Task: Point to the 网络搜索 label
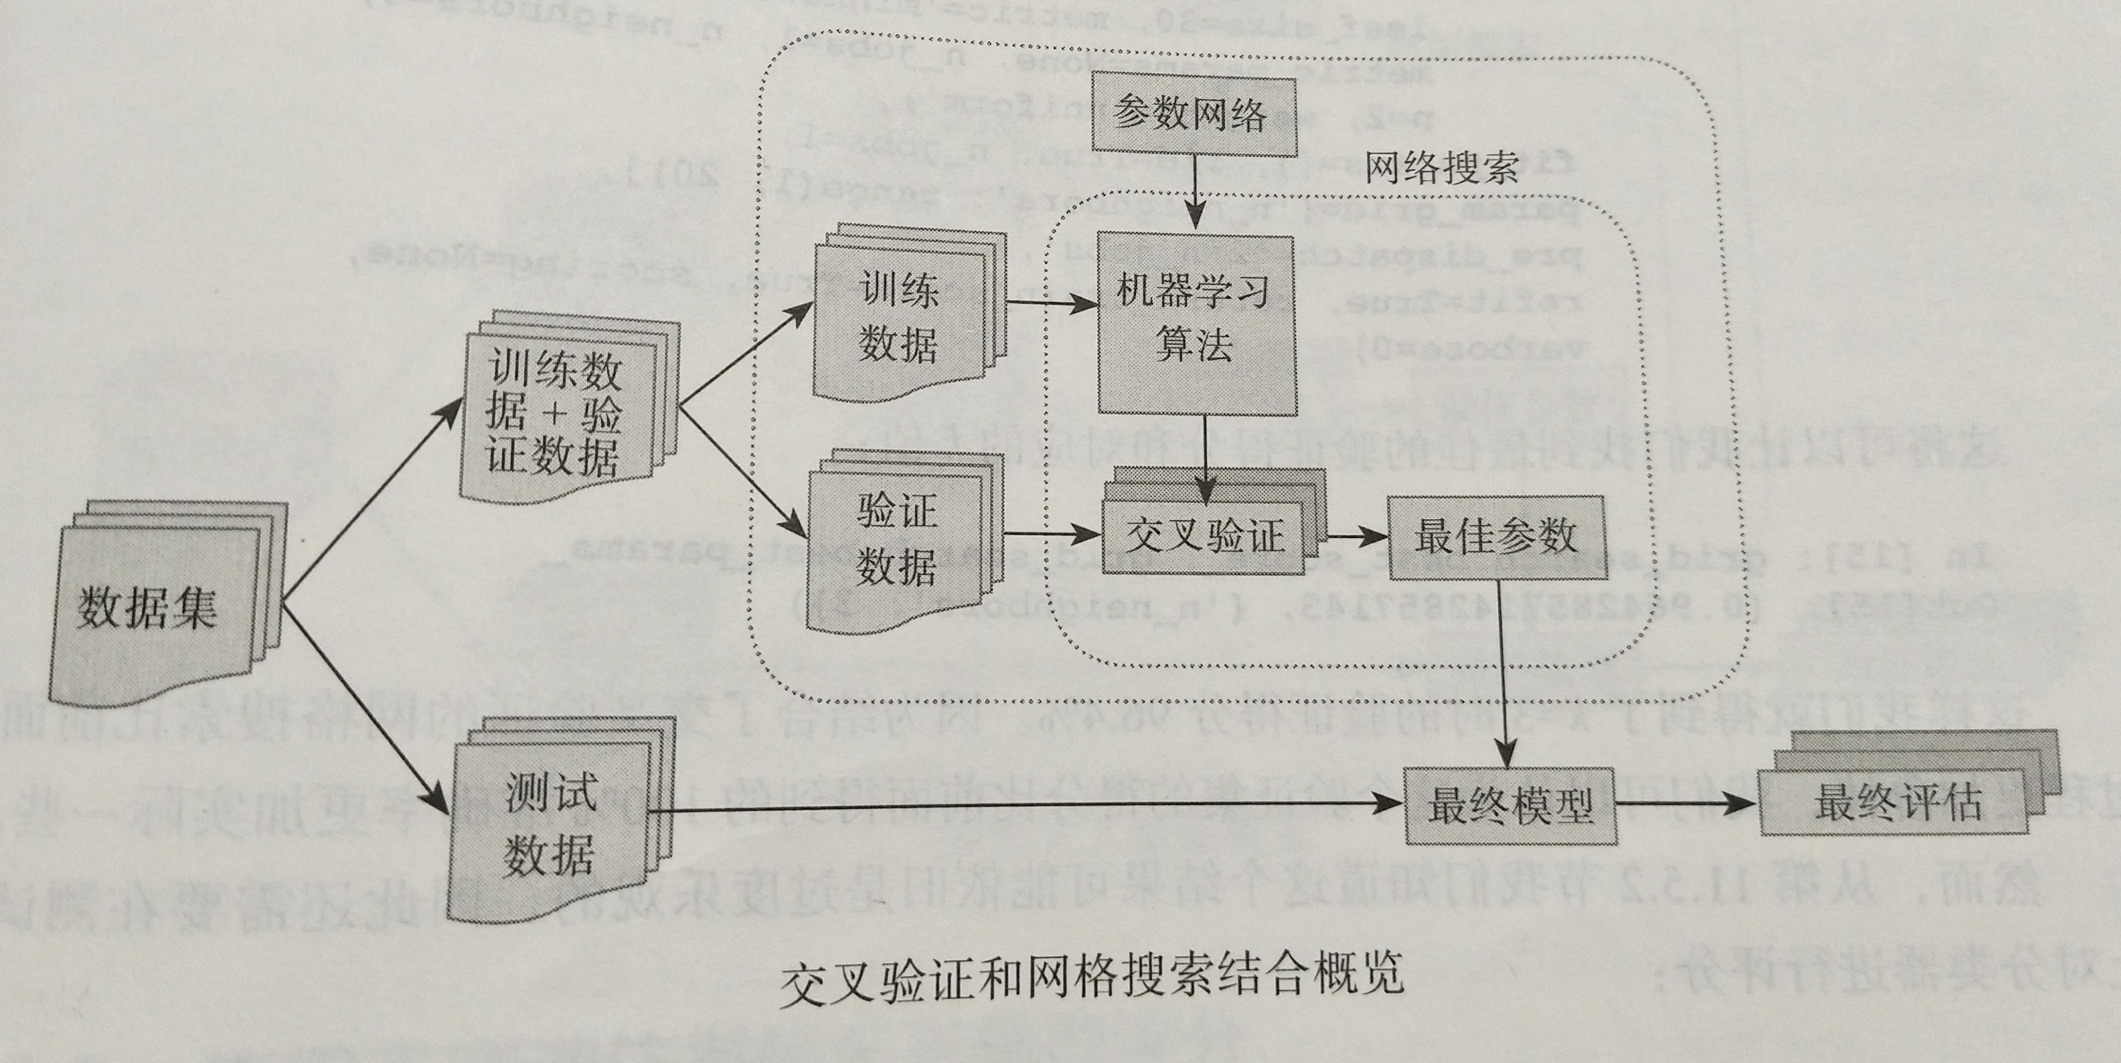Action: [1441, 169]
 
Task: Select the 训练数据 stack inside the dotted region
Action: [902, 317]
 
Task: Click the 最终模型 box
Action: [1508, 805]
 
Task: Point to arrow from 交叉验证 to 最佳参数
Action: [1355, 537]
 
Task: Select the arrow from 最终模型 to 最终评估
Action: [1684, 804]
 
